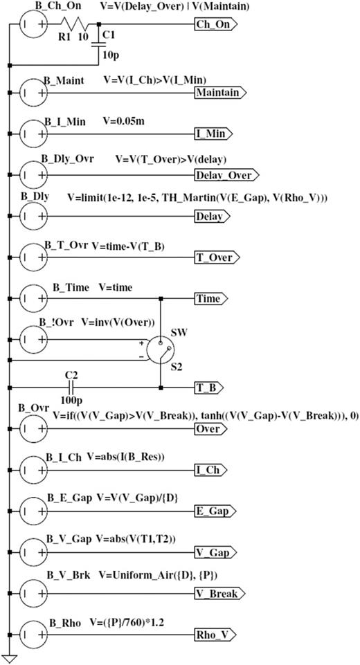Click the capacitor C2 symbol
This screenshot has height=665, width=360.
[x=71, y=388]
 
